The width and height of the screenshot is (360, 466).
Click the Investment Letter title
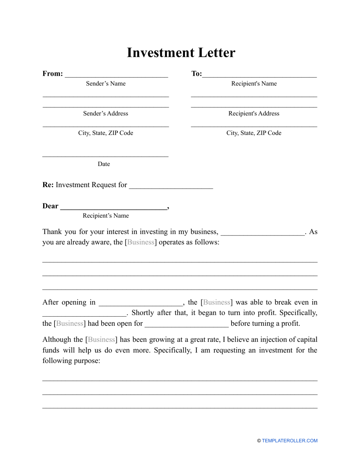tap(181, 53)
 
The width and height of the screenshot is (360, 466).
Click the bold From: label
tap(53, 73)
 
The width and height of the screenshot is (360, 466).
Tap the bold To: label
tap(197, 73)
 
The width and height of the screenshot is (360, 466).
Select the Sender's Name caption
tap(106, 84)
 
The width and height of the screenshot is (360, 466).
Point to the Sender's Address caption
tap(106, 114)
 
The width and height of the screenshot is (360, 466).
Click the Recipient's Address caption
tap(254, 114)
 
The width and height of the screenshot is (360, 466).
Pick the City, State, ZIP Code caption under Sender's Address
tap(106, 133)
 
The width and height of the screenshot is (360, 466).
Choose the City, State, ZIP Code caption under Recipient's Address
tap(254, 133)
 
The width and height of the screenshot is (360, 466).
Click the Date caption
tap(104, 164)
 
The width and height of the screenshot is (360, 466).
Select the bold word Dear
tap(50, 206)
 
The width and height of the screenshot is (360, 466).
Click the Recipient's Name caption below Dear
tap(106, 216)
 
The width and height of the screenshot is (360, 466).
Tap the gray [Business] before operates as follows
tap(140, 242)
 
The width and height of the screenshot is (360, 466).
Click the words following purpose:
tap(71, 361)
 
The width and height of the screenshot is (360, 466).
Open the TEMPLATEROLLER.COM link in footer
tap(290, 441)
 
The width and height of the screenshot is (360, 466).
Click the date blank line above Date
tap(105, 156)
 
